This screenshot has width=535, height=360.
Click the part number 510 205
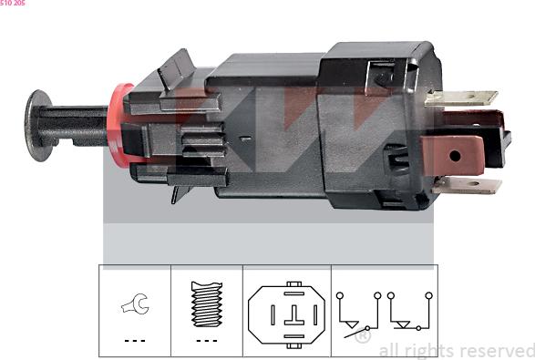point(13,4)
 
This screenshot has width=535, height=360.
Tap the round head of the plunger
point(38,125)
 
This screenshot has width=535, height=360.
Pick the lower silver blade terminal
point(467,186)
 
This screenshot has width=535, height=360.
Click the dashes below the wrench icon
point(135,341)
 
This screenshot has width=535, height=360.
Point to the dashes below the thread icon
point(207,341)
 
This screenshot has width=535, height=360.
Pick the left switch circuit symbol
point(356,313)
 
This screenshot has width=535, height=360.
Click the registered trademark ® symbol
point(362,336)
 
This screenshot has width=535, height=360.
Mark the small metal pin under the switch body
point(176,193)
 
